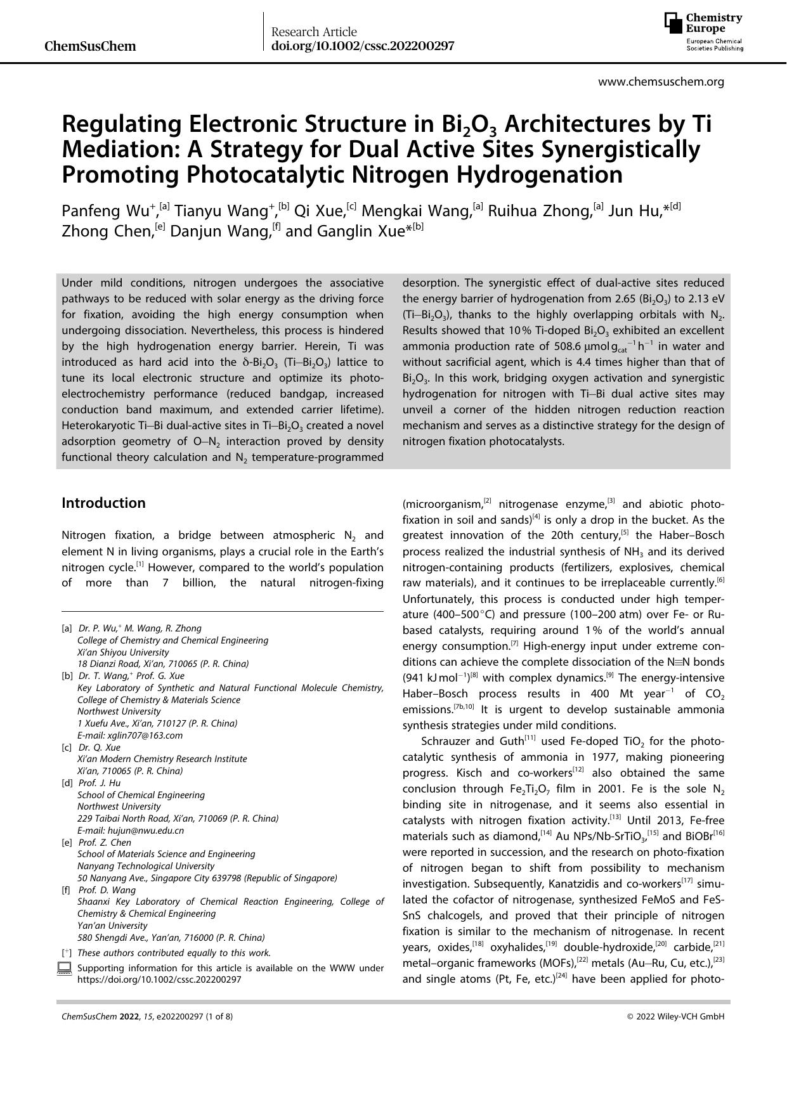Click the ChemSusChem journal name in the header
(91, 46)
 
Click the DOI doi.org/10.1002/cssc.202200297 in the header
(362, 46)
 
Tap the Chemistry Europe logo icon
(673, 23)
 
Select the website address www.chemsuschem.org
(661, 82)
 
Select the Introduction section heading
(103, 503)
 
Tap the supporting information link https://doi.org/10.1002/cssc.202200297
(159, 979)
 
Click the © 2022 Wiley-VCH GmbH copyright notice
(675, 1017)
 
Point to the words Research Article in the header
(314, 32)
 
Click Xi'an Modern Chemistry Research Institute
(162, 759)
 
